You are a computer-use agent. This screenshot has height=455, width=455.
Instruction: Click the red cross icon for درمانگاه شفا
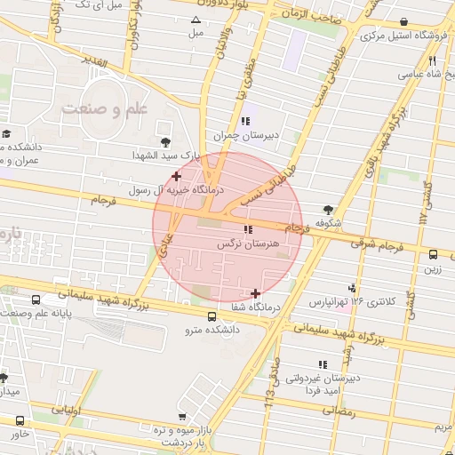pyautogui.click(x=256, y=293)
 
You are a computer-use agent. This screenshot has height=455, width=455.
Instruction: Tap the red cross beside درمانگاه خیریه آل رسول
pyautogui.click(x=177, y=176)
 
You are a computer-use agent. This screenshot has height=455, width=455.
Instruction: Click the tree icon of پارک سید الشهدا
pyautogui.click(x=164, y=141)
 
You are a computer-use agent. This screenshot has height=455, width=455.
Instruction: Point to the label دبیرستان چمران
pyautogui.click(x=239, y=135)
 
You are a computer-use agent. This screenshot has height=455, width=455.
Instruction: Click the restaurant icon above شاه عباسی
pyautogui.click(x=432, y=61)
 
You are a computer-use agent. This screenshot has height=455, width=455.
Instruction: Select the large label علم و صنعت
pyautogui.click(x=105, y=109)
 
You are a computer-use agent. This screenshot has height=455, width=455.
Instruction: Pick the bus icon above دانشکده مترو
pyautogui.click(x=211, y=316)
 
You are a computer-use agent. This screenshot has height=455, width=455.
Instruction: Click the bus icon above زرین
pyautogui.click(x=433, y=254)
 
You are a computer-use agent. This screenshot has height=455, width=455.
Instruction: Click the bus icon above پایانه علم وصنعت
pyautogui.click(x=36, y=299)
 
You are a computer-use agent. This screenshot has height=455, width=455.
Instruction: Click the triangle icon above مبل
pyautogui.click(x=196, y=20)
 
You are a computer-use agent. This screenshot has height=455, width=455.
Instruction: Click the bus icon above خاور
pyautogui.click(x=20, y=420)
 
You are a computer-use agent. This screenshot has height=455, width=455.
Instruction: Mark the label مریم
pyautogui.click(x=443, y=427)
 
